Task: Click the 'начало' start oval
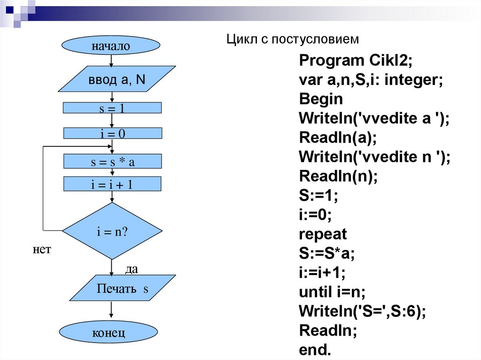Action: coord(111,46)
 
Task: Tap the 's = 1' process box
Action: coord(112,108)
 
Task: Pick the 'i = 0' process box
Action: coord(112,134)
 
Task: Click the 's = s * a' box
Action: coord(112,162)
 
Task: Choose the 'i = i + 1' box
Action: coord(112,184)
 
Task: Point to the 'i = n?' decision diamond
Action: coord(112,231)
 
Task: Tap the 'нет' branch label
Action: coord(41,249)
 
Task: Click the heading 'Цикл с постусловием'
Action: coord(293,39)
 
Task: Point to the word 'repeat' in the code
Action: coord(323,234)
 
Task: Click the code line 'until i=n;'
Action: coord(332,292)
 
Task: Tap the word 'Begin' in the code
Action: coord(321,99)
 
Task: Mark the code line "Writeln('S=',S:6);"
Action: coord(362,311)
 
